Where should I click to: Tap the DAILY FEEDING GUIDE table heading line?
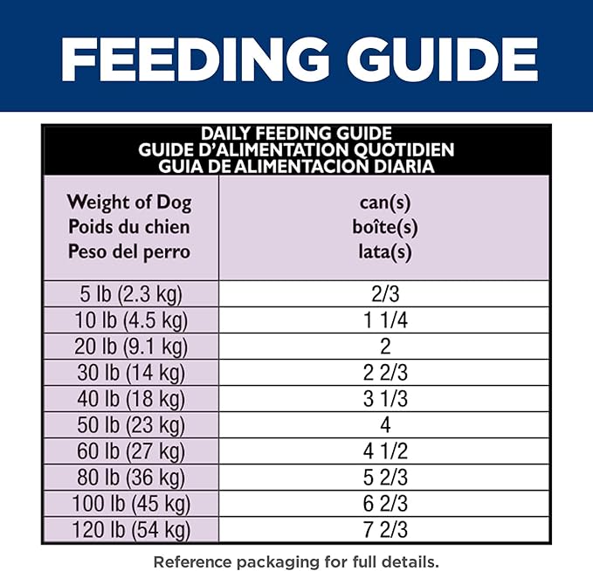coord(296,134)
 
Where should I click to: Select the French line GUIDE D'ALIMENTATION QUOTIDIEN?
coord(296,149)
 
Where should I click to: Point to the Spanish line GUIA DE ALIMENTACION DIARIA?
coord(296,165)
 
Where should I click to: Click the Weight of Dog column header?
coord(129,203)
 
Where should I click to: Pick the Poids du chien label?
coord(129,227)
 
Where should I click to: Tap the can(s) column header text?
coord(384,203)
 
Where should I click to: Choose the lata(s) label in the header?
coord(384,252)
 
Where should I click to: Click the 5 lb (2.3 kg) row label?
coord(129,293)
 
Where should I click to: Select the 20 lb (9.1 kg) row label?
coord(129,347)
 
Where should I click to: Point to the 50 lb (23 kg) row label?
coord(129,425)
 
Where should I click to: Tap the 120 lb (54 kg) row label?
coord(129,530)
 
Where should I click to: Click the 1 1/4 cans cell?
coord(384,320)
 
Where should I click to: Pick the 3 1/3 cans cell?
coord(384,399)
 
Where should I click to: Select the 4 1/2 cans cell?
coord(384,451)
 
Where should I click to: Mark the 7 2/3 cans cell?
coord(384,530)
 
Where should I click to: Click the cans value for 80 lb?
coord(384,478)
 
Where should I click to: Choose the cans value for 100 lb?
coord(384,504)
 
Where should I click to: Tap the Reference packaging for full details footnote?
coord(296,560)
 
